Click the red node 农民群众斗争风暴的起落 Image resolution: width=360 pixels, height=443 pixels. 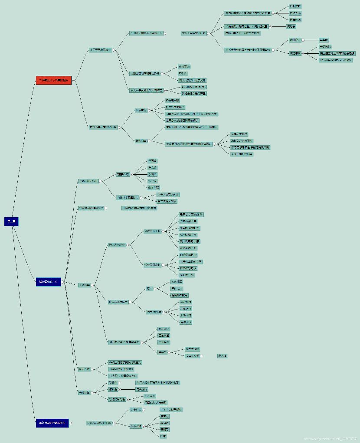(53, 80)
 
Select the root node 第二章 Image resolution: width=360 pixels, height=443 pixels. (11, 221)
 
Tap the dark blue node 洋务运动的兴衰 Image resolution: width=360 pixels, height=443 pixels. (48, 282)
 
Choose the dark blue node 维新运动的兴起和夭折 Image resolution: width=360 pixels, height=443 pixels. (52, 423)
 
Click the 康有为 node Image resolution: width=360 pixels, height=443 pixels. (164, 416)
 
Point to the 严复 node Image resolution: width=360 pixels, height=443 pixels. (163, 436)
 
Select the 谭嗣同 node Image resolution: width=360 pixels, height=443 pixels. (165, 430)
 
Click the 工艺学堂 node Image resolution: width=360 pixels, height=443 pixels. (164, 336)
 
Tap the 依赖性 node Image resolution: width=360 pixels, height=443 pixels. (113, 389)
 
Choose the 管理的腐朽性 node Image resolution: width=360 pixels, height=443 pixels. (117, 399)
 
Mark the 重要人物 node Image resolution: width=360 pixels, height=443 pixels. (123, 174)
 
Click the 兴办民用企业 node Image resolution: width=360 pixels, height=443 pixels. (152, 265)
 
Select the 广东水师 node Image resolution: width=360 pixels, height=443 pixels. (186, 309)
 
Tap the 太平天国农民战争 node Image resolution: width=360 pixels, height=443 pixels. (100, 50)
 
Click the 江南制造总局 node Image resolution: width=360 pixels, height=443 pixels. (190, 228)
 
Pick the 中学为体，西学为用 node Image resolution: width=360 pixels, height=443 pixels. (139, 208)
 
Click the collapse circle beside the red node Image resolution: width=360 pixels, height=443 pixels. (74, 80)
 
